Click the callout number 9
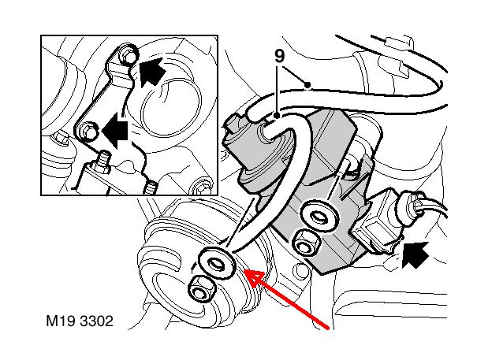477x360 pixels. (x=279, y=56)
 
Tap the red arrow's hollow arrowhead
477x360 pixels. (x=253, y=276)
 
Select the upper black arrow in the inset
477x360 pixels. (x=153, y=72)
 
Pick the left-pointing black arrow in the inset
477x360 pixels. (x=114, y=131)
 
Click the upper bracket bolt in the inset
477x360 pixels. (x=128, y=55)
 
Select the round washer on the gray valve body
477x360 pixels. (x=319, y=217)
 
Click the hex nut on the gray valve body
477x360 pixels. (x=307, y=241)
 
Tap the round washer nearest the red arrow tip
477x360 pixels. (x=217, y=262)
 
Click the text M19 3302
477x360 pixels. (x=80, y=321)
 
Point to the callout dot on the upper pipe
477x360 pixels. (x=307, y=85)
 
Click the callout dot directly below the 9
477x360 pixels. (x=277, y=116)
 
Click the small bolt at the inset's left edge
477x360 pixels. (x=61, y=139)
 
